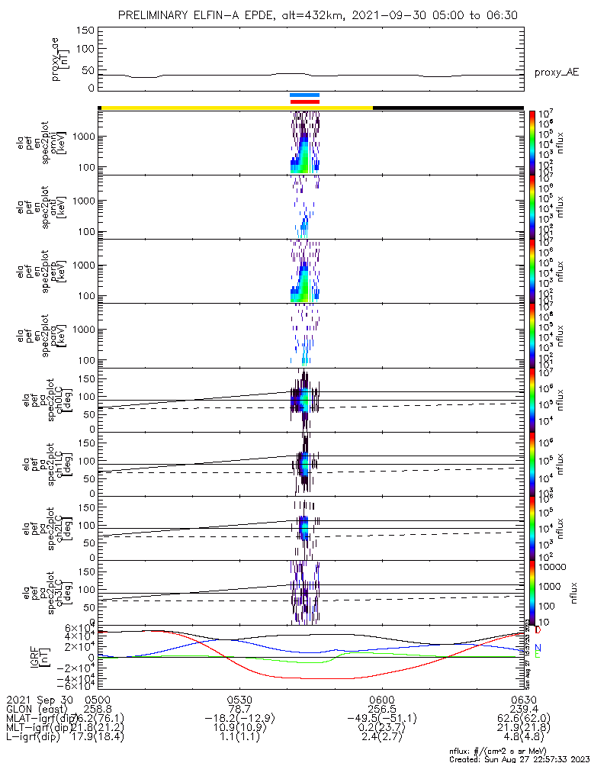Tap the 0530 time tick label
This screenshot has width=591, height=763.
tap(239, 698)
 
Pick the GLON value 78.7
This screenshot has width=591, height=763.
tap(239, 708)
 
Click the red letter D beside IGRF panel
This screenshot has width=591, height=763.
tap(538, 631)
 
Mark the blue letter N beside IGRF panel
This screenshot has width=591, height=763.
tap(538, 647)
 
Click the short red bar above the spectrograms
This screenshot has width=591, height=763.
tap(304, 101)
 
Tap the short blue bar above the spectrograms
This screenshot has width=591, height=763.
tap(304, 95)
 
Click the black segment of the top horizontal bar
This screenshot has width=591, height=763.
tap(448, 108)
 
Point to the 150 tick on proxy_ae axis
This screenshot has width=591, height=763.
tap(85, 30)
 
